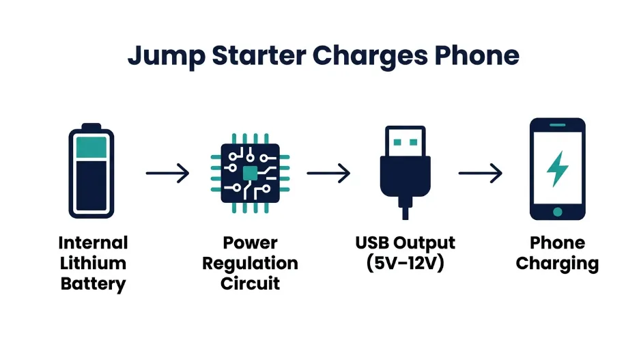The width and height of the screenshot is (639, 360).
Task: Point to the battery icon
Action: tap(91, 171)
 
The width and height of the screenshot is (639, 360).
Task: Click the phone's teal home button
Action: tap(558, 212)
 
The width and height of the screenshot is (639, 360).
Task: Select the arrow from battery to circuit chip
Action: tap(167, 173)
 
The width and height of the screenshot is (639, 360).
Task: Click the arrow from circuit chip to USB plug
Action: tap(328, 173)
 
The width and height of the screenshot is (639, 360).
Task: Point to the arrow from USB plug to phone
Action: tap(480, 173)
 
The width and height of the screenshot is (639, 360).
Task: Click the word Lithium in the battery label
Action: tap(93, 263)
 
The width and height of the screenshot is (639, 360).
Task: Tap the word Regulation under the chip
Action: tap(250, 263)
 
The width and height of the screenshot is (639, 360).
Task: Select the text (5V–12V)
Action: tap(406, 263)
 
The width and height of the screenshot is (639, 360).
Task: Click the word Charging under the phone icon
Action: tap(557, 263)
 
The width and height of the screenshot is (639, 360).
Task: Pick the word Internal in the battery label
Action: tap(93, 243)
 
